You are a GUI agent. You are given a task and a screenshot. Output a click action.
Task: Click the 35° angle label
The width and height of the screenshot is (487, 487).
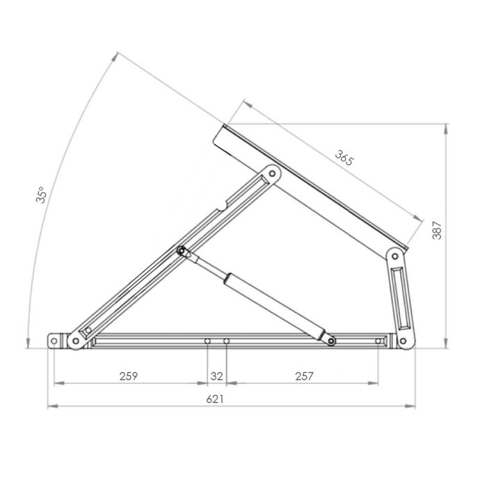point(42,195)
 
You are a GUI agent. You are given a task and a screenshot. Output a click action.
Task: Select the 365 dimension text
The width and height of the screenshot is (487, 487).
point(344,158)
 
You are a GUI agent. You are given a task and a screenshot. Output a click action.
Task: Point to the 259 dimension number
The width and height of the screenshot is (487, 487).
point(128,376)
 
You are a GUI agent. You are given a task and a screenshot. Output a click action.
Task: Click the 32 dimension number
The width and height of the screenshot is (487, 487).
point(216,376)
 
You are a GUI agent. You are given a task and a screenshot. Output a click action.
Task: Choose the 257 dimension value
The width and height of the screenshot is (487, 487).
point(304,376)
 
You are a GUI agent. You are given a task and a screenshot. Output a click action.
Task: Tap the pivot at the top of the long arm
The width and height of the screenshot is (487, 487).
point(272,172)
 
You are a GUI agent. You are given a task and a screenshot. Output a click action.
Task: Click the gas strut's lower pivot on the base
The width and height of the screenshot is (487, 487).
point(332,340)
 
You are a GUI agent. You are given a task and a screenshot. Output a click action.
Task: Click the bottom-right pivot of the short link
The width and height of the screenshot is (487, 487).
point(401,340)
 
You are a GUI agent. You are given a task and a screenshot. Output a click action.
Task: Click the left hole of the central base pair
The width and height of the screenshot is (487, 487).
point(207,341)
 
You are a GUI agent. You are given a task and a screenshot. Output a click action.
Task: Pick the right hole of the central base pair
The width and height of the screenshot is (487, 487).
point(226,341)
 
